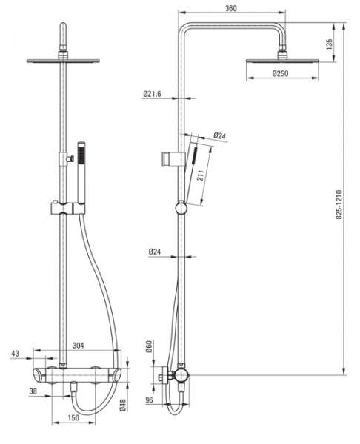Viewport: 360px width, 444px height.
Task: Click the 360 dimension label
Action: (x=230, y=8)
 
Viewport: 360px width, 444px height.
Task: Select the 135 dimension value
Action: (x=329, y=44)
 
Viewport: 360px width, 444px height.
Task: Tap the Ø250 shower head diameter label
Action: (x=280, y=73)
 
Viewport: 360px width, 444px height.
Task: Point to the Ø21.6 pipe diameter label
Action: (x=152, y=94)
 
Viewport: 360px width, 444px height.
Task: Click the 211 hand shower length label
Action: (x=201, y=176)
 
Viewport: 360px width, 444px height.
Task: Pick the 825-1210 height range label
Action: (x=339, y=204)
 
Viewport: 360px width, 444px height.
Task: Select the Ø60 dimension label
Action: (x=149, y=346)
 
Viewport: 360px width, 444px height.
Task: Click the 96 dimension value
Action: (x=149, y=400)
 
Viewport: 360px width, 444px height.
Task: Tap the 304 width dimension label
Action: (x=79, y=346)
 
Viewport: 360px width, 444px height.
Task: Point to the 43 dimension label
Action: (x=15, y=354)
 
